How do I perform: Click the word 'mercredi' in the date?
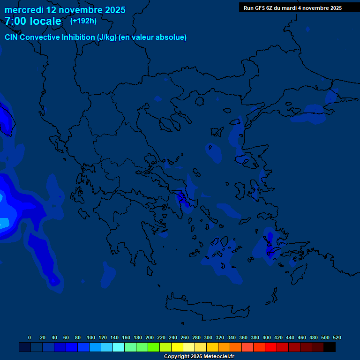coord(24,10)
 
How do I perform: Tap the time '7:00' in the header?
coord(15,21)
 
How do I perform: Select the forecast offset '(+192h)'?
coord(83,21)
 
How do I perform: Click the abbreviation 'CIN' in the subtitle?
coord(12,37)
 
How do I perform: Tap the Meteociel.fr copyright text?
coord(199,356)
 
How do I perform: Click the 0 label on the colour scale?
coord(30,337)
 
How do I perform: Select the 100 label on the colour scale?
coord(91,337)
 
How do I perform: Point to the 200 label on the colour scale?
coord(150,337)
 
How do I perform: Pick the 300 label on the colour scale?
coord(208,337)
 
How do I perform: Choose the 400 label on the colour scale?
coord(267,337)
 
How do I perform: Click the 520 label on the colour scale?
coord(337,337)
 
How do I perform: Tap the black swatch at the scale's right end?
coord(330,347)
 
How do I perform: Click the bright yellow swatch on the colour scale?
coord(177,347)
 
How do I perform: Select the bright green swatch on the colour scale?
coord(154,347)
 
